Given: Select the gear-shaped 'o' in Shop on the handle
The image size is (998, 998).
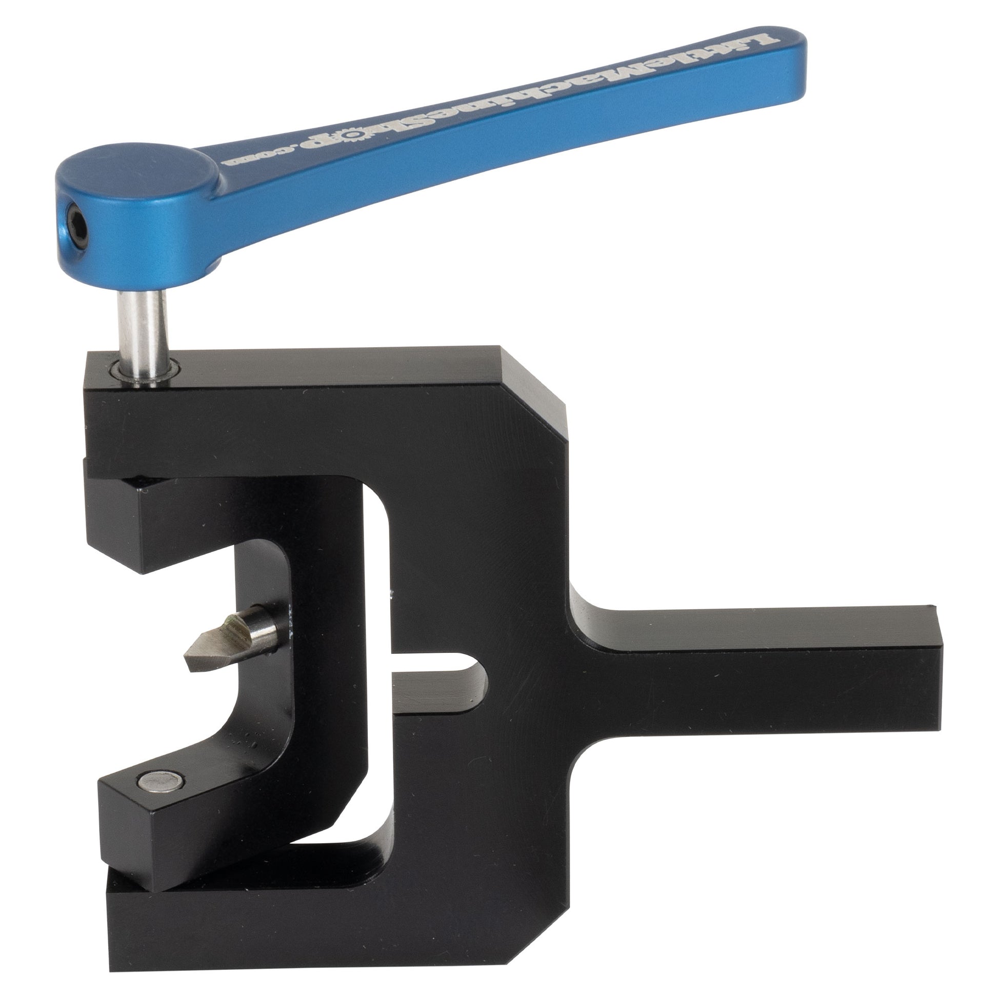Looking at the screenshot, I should click(353, 136).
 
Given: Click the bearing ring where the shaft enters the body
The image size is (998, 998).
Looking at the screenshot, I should click(144, 372).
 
